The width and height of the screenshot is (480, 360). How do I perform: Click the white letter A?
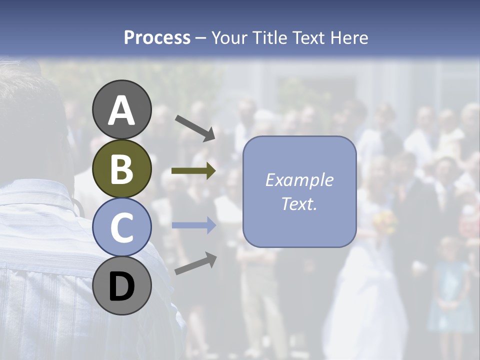[x=122, y=111]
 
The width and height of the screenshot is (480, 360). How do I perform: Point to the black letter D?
[x=122, y=287]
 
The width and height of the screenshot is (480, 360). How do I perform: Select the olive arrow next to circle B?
[x=193, y=171]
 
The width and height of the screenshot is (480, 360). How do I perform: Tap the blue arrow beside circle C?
[x=193, y=225]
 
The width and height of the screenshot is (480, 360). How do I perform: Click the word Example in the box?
[x=299, y=180]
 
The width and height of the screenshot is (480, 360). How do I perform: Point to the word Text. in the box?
[x=299, y=203]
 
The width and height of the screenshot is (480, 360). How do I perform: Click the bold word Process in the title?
[x=157, y=38]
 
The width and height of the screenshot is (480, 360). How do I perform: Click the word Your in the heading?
[x=229, y=38]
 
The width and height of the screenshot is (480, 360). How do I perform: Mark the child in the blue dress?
[x=449, y=290]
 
